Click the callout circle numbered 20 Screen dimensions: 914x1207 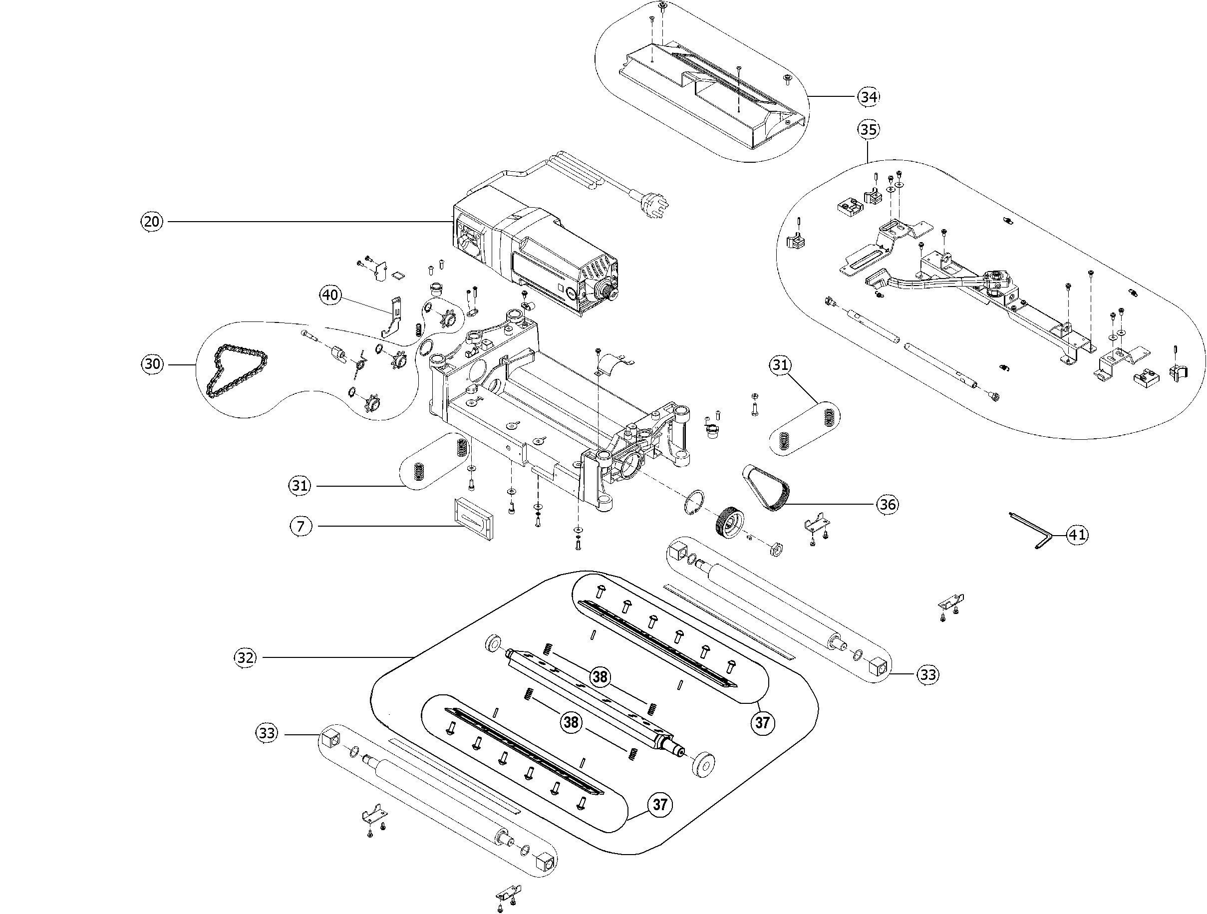(152, 222)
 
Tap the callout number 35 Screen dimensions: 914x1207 (868, 130)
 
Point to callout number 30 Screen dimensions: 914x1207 (152, 364)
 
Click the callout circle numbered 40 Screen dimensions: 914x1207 (330, 295)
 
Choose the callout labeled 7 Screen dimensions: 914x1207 (301, 526)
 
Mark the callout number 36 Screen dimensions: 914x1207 (887, 504)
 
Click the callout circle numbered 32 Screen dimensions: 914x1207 (246, 657)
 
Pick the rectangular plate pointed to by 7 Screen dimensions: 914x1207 (473, 518)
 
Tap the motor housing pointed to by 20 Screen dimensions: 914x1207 (538, 257)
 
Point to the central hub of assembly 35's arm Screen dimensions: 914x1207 (995, 279)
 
